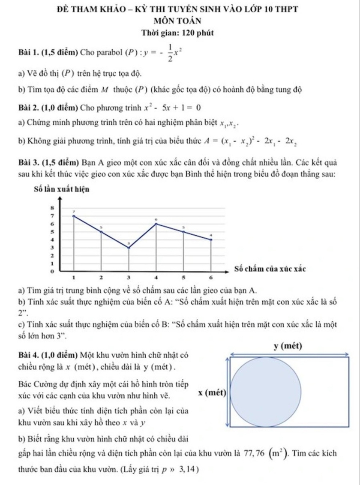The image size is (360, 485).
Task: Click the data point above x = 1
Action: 74,216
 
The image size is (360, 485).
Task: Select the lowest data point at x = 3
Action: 129,248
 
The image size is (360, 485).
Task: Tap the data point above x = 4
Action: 156,223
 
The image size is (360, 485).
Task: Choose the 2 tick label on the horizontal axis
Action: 101,279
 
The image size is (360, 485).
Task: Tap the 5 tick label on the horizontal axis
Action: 184,279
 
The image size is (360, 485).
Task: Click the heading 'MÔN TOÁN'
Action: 180,21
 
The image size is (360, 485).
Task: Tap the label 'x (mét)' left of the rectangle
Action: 213,392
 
